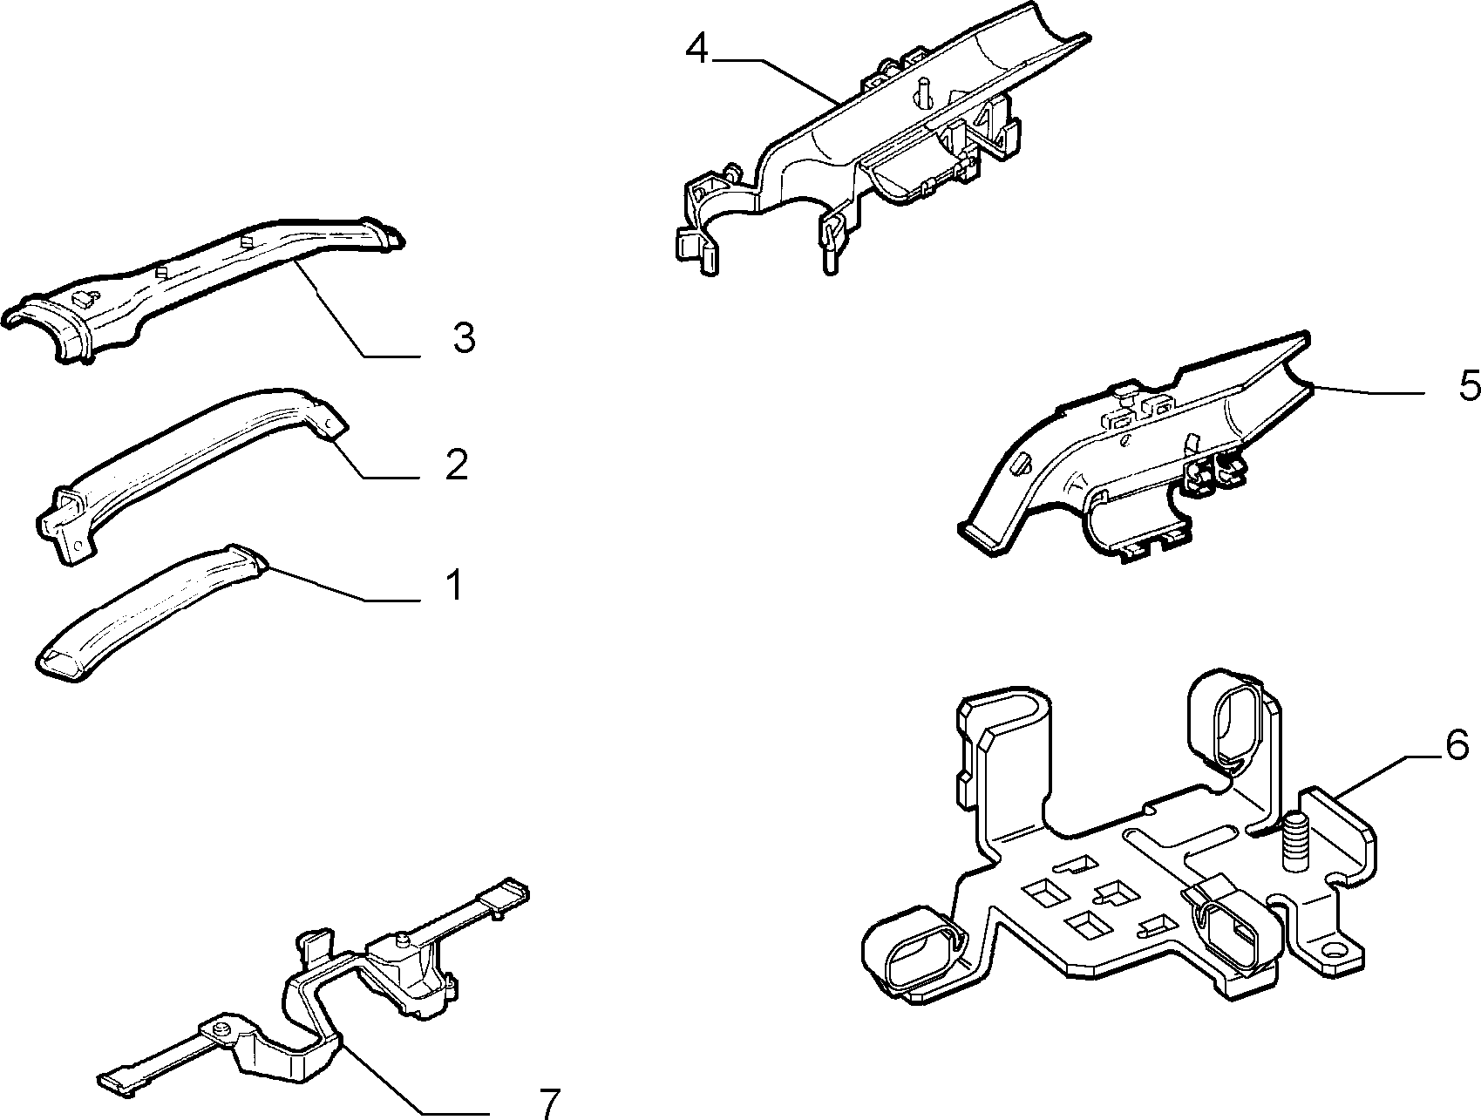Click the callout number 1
(453, 586)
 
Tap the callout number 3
(464, 337)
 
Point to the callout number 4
(697, 48)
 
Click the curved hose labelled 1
(148, 614)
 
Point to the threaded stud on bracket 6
(1295, 841)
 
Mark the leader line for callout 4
(777, 78)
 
